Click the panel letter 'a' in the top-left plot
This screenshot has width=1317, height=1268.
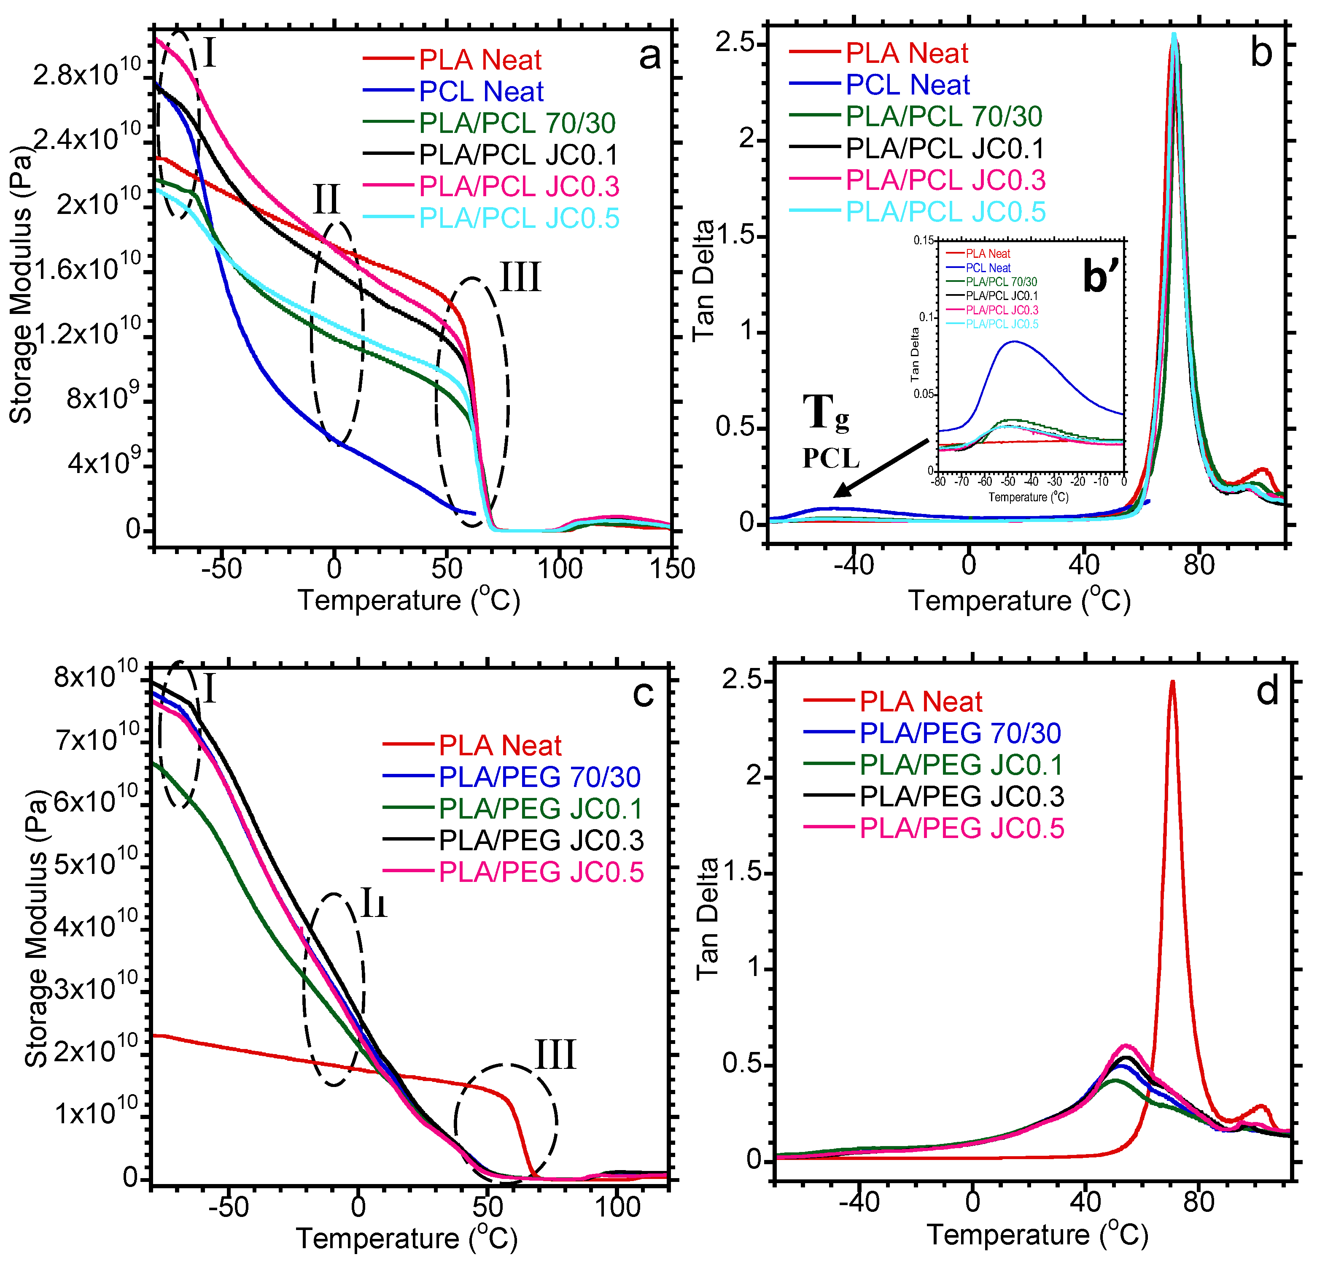click(649, 57)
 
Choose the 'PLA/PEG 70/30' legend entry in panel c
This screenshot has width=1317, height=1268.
click(539, 777)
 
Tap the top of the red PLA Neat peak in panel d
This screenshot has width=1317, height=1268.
click(1172, 682)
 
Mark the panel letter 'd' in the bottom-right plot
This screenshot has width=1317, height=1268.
click(1267, 692)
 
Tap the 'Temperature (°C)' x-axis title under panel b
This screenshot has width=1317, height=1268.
click(1019, 600)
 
